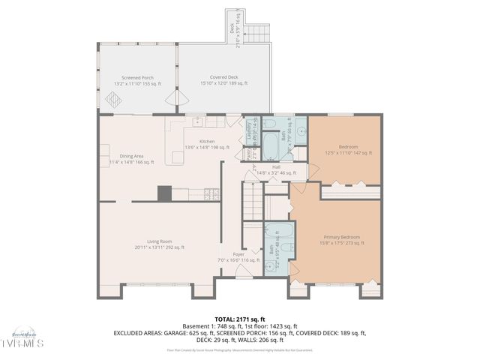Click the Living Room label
pyautogui.click(x=159, y=241)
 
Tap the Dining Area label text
pyautogui.click(x=126, y=156)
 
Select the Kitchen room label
pyautogui.click(x=207, y=141)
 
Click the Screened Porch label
pyautogui.click(x=137, y=77)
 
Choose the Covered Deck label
pyautogui.click(x=223, y=77)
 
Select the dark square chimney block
pyautogui.click(x=164, y=193)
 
